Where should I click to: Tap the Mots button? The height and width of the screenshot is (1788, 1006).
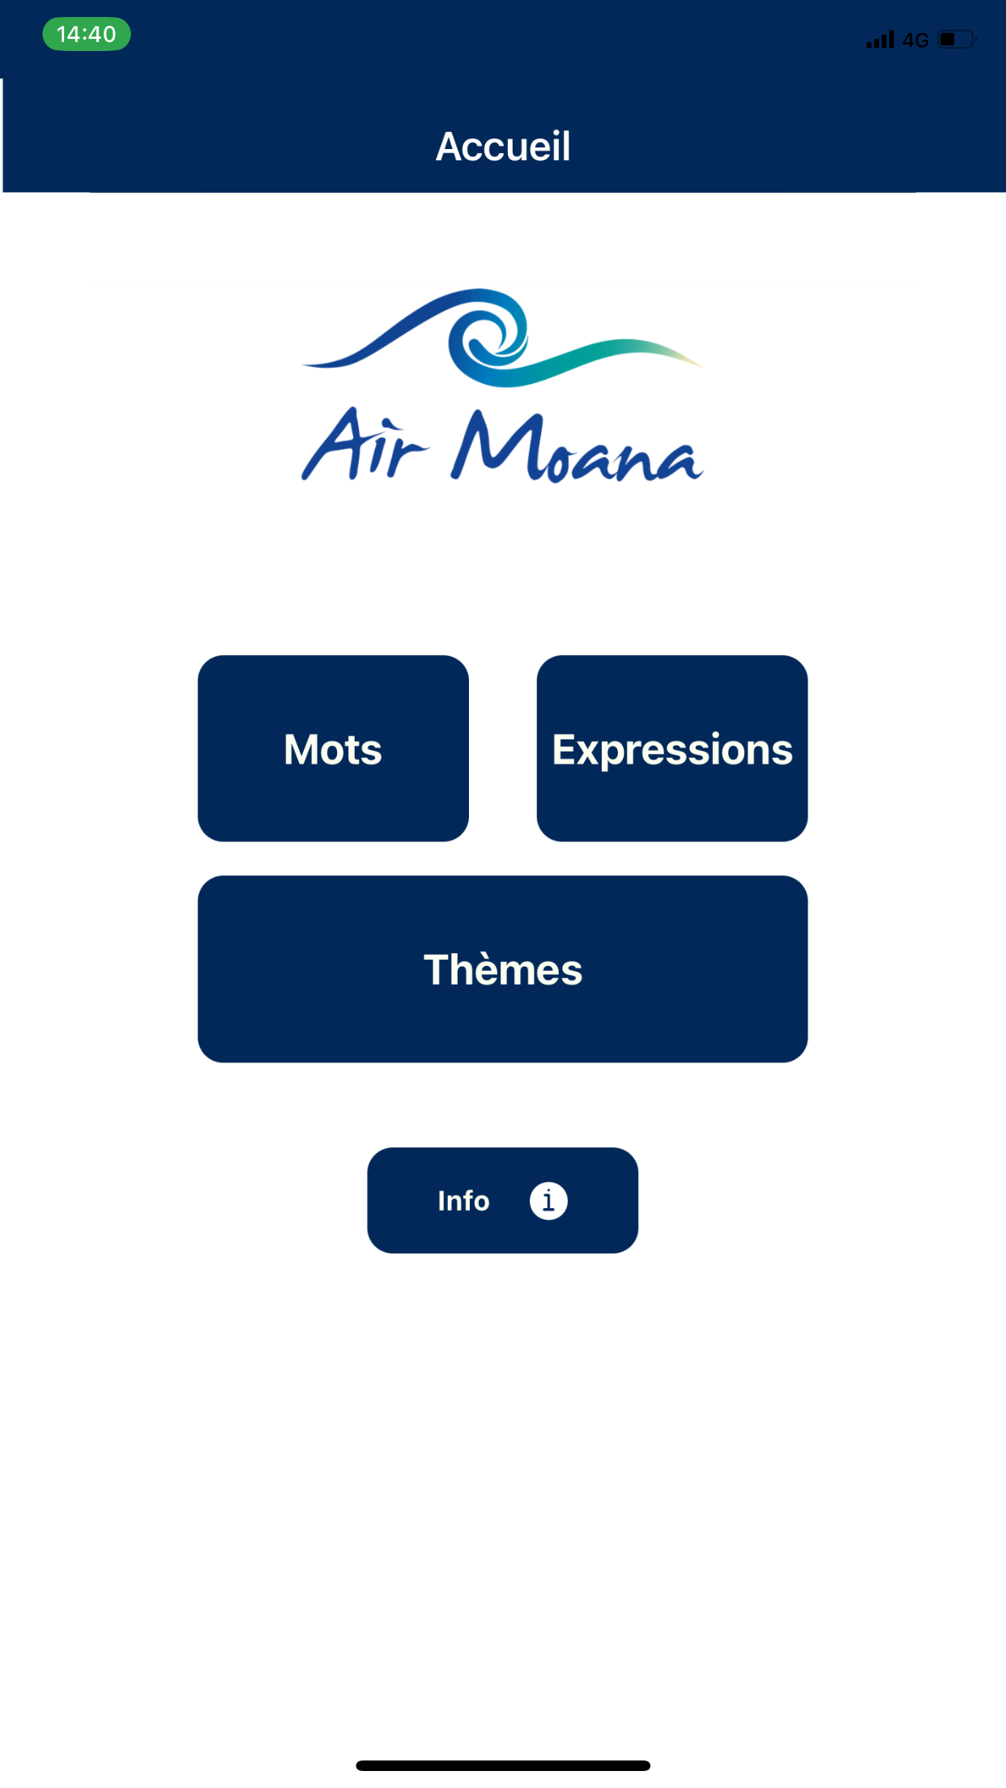(333, 748)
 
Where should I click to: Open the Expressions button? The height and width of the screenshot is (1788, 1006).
(672, 748)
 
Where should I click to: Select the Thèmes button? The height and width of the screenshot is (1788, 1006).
(502, 968)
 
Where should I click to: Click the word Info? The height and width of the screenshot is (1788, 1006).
(463, 1200)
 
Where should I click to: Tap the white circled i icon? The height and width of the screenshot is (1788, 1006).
(548, 1200)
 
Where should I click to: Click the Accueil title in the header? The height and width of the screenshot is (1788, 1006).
(503, 147)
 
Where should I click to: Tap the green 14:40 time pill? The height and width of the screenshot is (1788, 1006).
(87, 34)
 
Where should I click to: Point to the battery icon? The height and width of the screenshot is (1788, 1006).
(957, 39)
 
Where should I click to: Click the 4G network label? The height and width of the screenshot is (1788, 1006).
(915, 40)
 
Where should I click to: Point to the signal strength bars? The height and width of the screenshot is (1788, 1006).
(880, 40)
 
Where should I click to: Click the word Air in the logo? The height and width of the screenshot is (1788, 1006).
(364, 444)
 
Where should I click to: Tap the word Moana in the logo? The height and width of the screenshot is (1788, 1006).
(577, 446)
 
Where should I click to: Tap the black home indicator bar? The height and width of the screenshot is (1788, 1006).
(502, 1765)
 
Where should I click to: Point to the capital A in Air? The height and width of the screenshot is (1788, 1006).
(332, 444)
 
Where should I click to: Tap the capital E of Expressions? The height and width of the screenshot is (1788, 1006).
(565, 749)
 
